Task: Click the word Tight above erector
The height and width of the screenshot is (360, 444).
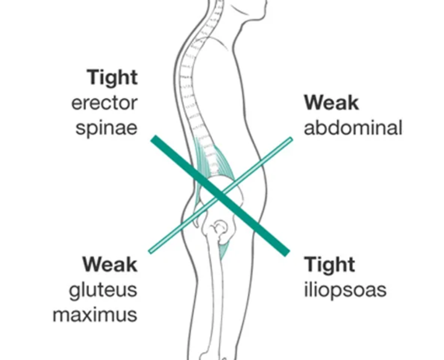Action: coord(112,78)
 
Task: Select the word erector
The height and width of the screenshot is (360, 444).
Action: coord(104,103)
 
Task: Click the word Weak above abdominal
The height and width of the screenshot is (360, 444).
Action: coord(332,103)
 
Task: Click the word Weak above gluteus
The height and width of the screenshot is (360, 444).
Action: coord(110,265)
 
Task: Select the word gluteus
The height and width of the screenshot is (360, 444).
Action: coord(103,290)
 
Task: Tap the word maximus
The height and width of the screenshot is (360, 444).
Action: coord(95,315)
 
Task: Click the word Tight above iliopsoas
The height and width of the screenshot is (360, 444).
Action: coord(330,265)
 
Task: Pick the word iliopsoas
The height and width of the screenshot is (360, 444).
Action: coord(345,290)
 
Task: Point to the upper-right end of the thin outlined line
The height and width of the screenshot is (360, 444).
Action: coord(290,140)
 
